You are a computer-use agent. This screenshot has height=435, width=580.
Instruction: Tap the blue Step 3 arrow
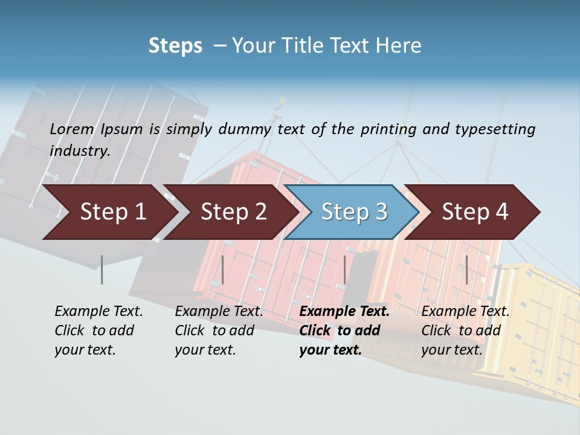point(354,212)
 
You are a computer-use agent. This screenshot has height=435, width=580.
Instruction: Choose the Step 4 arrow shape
point(475,212)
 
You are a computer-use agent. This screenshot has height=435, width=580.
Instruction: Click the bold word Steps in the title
point(175,46)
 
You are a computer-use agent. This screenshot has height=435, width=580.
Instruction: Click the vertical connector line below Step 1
point(101,269)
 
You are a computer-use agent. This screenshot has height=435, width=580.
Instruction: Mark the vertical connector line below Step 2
point(223,269)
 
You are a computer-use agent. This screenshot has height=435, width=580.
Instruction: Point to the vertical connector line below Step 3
point(344,269)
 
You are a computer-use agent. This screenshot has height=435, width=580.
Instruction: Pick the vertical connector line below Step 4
point(466,269)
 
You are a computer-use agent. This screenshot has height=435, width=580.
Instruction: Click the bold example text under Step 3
point(344,330)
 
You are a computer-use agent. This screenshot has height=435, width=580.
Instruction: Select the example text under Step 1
point(98,330)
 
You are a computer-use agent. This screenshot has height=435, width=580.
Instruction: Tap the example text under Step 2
point(219,330)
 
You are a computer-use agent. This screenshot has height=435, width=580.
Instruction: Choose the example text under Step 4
point(465,330)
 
